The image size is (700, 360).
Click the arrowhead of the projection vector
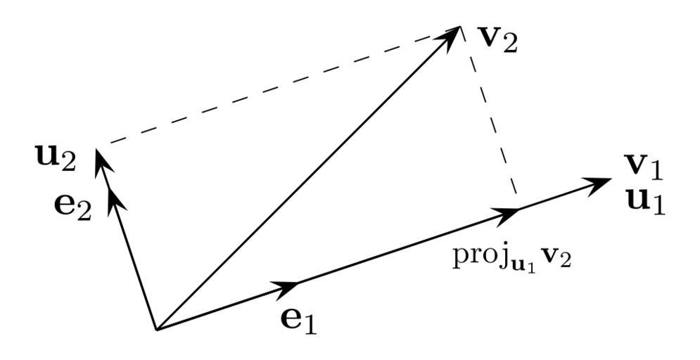pos(509,213)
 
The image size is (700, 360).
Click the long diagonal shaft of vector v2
pos(303,183)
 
